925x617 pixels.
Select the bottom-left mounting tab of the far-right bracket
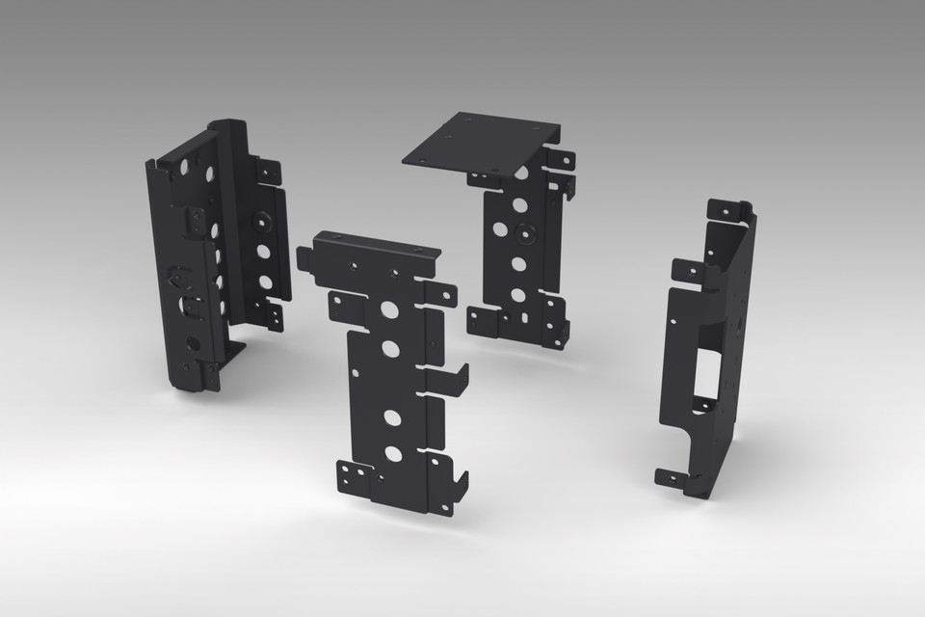click(672, 477)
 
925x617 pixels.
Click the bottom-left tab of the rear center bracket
click(483, 321)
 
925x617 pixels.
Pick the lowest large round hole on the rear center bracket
click(517, 295)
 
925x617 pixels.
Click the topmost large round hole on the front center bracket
click(389, 310)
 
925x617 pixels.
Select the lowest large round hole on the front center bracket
click(393, 453)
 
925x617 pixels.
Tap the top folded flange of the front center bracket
click(377, 246)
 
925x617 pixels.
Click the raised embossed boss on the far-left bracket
click(261, 219)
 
